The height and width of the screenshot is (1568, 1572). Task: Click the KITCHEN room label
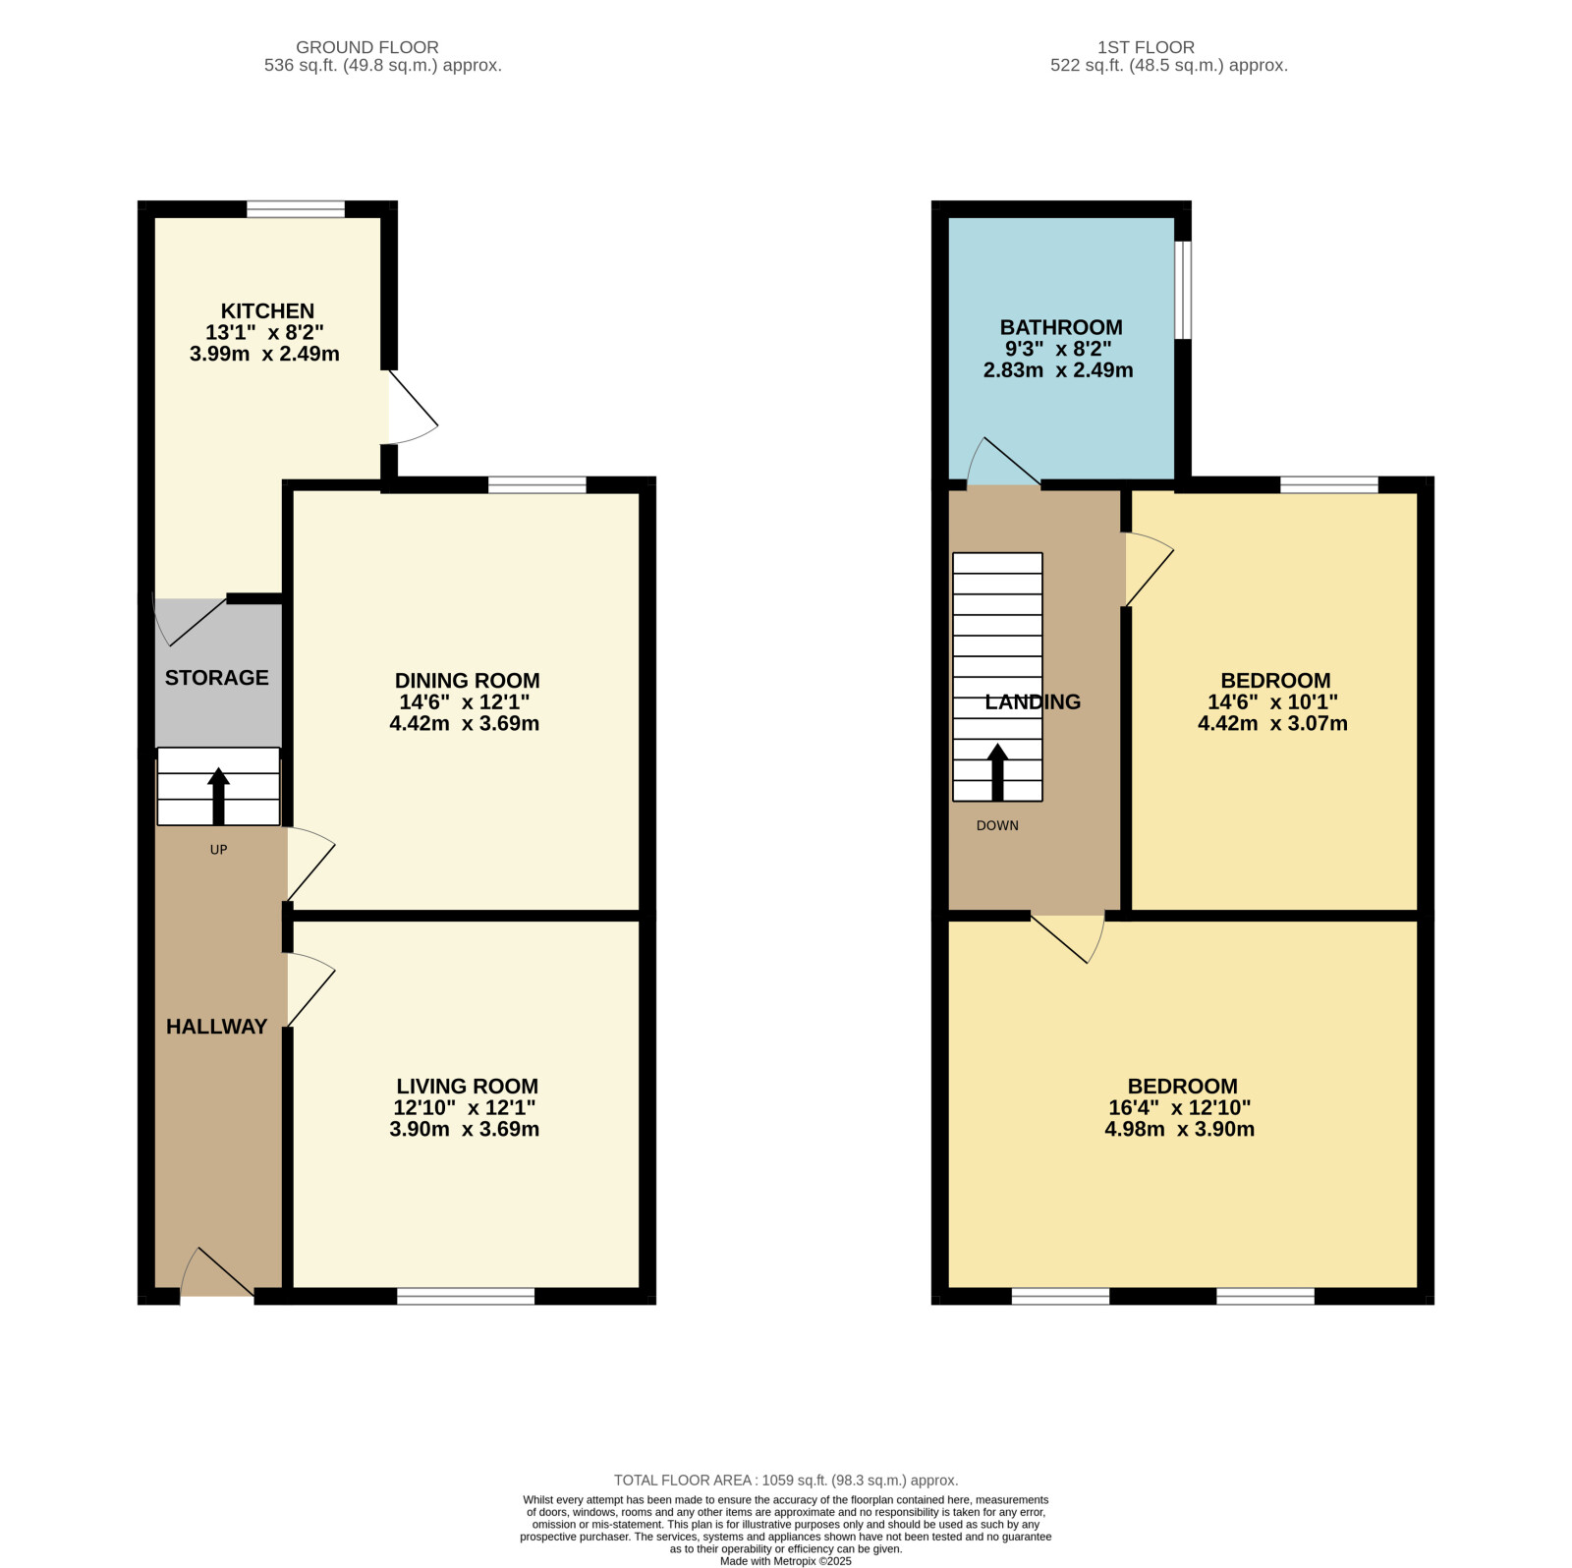(x=267, y=310)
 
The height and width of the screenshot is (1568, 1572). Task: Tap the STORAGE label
(x=216, y=678)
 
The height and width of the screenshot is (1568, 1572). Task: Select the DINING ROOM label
(x=467, y=681)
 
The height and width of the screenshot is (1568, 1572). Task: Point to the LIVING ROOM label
(x=467, y=1087)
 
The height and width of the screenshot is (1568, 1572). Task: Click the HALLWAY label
(x=216, y=1027)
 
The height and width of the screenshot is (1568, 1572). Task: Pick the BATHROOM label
(x=1061, y=327)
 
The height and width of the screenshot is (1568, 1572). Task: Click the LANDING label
(x=1033, y=701)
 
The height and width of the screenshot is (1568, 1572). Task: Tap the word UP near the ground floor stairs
(x=218, y=850)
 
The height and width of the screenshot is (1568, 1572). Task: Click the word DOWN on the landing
(x=997, y=825)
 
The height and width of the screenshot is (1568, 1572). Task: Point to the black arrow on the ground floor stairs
(x=218, y=796)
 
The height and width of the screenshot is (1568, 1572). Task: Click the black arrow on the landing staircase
(x=997, y=772)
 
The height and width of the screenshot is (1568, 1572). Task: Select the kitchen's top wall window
(x=296, y=209)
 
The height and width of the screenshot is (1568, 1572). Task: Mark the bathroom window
(x=1183, y=290)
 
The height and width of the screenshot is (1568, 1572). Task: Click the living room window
(x=466, y=1296)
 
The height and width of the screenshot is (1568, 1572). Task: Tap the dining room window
(x=536, y=484)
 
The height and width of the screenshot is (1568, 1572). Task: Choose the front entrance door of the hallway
(x=217, y=1273)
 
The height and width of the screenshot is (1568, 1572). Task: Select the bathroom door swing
(x=1003, y=462)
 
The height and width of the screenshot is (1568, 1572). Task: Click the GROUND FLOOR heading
(x=367, y=47)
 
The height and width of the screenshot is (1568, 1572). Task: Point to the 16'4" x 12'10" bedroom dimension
(x=1179, y=1107)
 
